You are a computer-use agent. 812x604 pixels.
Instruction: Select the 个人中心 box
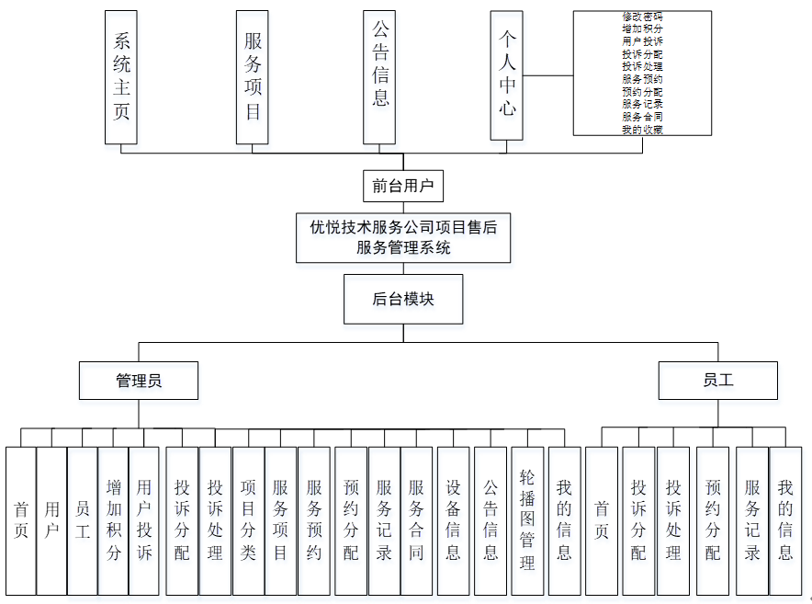[x=507, y=75]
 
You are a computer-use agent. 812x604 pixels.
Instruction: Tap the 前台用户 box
[x=402, y=187]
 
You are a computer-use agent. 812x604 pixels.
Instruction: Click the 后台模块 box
[x=402, y=299]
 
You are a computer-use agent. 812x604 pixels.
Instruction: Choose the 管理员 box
[x=139, y=380]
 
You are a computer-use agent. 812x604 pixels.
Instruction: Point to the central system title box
[x=403, y=237]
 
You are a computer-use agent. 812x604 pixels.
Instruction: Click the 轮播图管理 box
[x=527, y=520]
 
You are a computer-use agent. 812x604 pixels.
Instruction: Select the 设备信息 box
[x=454, y=520]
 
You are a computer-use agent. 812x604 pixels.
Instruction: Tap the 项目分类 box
[x=248, y=520]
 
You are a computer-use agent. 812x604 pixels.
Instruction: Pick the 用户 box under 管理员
[x=51, y=520]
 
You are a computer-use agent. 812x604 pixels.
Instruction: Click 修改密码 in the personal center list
[x=642, y=17]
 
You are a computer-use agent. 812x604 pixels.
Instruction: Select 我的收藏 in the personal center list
[x=642, y=130]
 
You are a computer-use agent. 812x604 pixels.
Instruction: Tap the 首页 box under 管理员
[x=20, y=520]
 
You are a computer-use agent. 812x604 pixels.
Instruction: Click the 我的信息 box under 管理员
[x=564, y=520]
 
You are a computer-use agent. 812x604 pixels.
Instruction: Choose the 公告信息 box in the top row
[x=380, y=77]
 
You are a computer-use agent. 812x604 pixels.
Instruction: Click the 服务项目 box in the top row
[x=252, y=77]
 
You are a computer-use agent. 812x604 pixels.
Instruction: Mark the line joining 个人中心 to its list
[x=548, y=75]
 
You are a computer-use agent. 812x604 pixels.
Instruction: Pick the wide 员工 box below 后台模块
[x=717, y=380]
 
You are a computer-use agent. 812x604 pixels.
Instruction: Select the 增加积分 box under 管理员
[x=114, y=520]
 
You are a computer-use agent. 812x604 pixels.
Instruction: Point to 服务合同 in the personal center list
[x=642, y=117]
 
